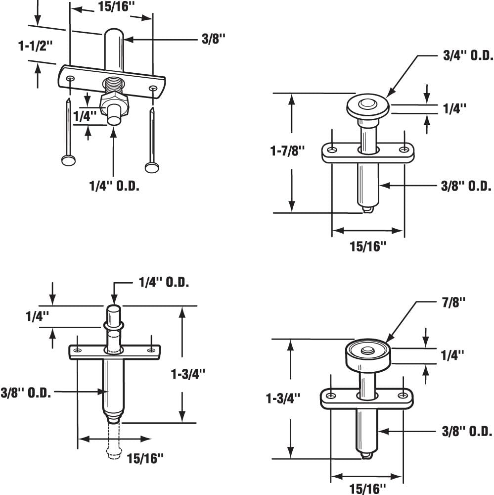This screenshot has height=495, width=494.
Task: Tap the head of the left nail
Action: coord(69,160)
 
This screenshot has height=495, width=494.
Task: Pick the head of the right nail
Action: coord(152,167)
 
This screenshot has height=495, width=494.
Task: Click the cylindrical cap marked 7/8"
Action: coord(366,355)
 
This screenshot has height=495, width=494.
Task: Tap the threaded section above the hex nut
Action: coord(114,84)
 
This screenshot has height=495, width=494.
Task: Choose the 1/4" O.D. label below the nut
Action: coord(114,187)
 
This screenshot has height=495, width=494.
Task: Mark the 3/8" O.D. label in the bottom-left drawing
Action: coord(26,393)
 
